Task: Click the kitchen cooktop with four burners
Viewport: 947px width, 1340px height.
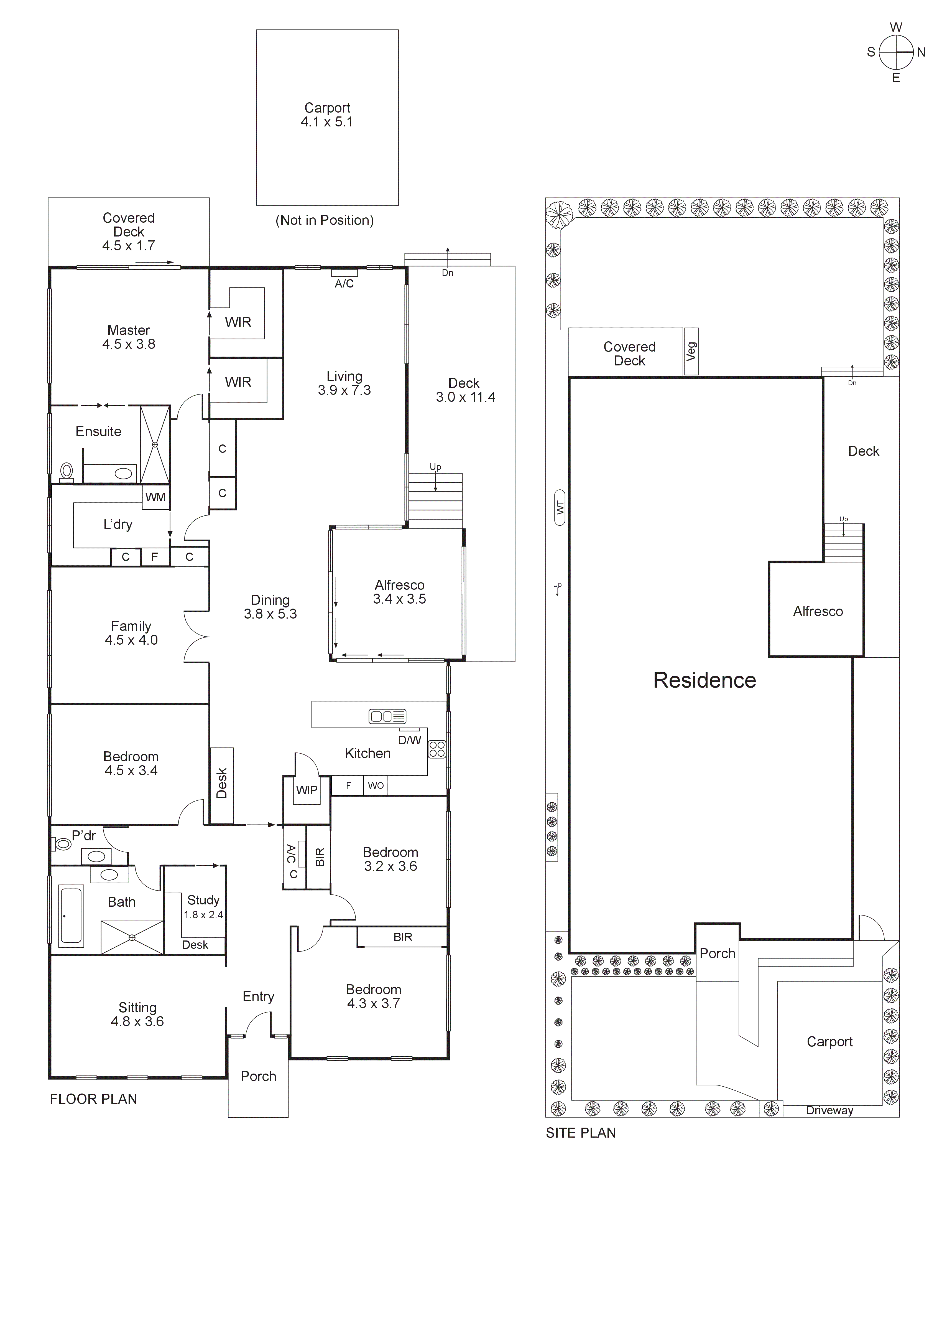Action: pos(437,749)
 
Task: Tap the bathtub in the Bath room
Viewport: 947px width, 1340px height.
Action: pos(71,915)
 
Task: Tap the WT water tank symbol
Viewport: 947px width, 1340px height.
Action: pos(560,507)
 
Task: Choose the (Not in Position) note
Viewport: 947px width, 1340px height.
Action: pos(325,220)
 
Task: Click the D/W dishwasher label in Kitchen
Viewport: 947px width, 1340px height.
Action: pos(410,740)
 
